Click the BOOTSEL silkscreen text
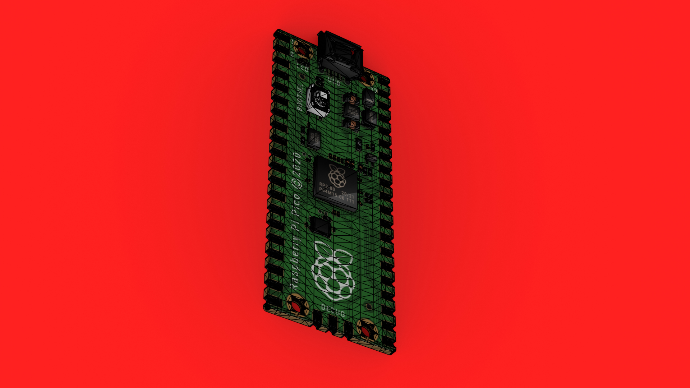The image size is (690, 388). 300,97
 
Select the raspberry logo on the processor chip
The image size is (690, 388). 337,176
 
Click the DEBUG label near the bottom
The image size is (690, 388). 333,311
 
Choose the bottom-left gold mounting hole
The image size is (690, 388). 297,306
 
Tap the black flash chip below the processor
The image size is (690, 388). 321,226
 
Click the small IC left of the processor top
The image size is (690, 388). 314,138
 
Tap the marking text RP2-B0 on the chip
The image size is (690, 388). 327,187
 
